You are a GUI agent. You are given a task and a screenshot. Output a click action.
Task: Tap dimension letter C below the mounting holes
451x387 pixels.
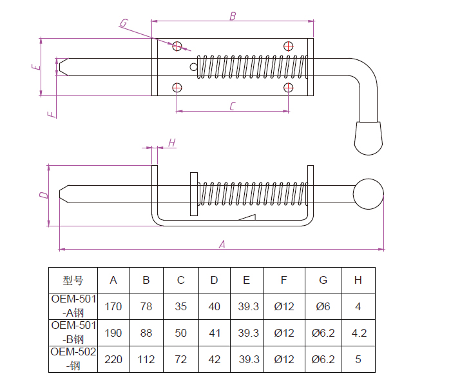pyautogui.click(x=233, y=106)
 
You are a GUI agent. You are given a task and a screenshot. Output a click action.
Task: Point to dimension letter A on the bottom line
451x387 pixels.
pyautogui.click(x=222, y=244)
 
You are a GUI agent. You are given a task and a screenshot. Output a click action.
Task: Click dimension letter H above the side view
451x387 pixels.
pyautogui.click(x=171, y=143)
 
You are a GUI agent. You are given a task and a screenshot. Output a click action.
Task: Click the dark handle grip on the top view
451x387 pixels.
pyautogui.click(x=369, y=137)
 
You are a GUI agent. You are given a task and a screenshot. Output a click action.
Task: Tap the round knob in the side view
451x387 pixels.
pyautogui.click(x=368, y=194)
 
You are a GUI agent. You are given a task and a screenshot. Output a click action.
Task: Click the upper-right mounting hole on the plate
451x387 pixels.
pyautogui.click(x=289, y=46)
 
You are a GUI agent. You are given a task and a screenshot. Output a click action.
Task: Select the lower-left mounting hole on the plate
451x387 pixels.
pyautogui.click(x=177, y=87)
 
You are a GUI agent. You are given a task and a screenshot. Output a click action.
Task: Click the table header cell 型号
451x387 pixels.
pyautogui.click(x=73, y=281)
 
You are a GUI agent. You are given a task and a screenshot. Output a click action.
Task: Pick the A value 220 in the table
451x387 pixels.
pyautogui.click(x=113, y=359)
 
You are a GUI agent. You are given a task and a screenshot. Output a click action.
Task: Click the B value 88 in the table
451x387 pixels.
pyautogui.click(x=146, y=333)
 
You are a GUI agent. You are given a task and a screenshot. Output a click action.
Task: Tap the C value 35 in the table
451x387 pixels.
pyautogui.click(x=181, y=306)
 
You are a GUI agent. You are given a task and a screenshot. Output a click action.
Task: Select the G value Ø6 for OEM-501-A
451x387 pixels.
pyautogui.click(x=323, y=306)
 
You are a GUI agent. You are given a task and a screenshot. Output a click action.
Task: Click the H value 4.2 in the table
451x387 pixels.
pyautogui.click(x=358, y=333)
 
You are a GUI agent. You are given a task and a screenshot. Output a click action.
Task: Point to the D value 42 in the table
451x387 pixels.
pyautogui.click(x=215, y=359)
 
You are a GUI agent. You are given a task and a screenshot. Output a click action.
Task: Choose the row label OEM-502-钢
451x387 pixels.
pyautogui.click(x=73, y=359)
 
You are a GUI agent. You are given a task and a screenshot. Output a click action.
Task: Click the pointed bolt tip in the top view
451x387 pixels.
pyautogui.click(x=62, y=66)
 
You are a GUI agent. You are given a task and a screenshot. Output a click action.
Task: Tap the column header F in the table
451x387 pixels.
pyautogui.click(x=284, y=281)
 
